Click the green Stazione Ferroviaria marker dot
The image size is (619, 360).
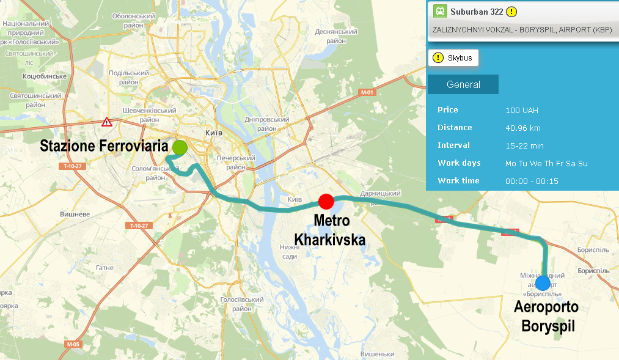click(x=180, y=147)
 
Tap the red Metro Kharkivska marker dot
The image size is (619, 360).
click(x=326, y=201)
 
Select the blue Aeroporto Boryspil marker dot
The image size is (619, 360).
click(x=542, y=283)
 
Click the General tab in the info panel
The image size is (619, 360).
click(x=463, y=84)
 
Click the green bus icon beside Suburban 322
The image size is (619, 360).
click(x=440, y=11)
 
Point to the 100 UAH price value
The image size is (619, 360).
click(x=522, y=110)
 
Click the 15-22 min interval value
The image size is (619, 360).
click(x=524, y=145)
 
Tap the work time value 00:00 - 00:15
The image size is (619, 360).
click(x=532, y=181)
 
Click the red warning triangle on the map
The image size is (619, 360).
click(x=107, y=122)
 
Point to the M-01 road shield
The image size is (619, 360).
click(x=367, y=92)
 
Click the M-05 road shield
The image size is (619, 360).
click(x=73, y=345)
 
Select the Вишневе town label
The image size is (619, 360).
click(x=75, y=215)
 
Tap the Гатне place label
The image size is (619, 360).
click(x=104, y=268)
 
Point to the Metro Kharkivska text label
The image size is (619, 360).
click(x=330, y=230)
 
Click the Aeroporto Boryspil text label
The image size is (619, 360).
click(x=546, y=317)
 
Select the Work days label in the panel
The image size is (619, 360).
click(x=459, y=163)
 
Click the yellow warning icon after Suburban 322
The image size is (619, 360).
click(x=511, y=11)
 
